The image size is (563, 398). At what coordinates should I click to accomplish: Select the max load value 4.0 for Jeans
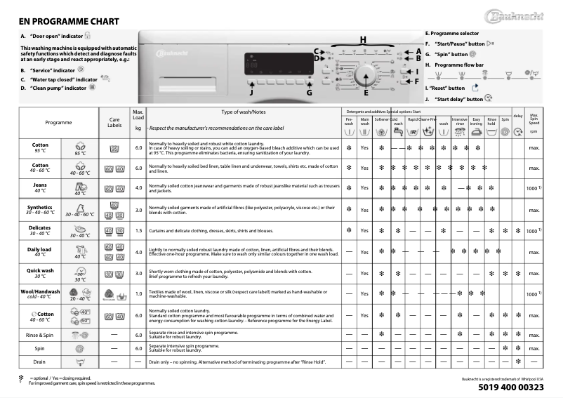pos(138,188)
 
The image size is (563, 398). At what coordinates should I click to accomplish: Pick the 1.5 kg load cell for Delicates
pos(138,230)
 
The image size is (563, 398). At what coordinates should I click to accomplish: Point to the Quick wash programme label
pos(40,271)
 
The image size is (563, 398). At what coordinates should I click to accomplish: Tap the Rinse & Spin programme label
pos(40,336)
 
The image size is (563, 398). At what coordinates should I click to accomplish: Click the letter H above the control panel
pos(363,40)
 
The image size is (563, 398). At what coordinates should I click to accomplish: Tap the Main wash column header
pos(364,121)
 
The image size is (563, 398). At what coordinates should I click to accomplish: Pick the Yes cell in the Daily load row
pos(364,252)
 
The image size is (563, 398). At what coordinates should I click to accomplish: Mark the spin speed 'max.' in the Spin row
pos(534,348)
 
